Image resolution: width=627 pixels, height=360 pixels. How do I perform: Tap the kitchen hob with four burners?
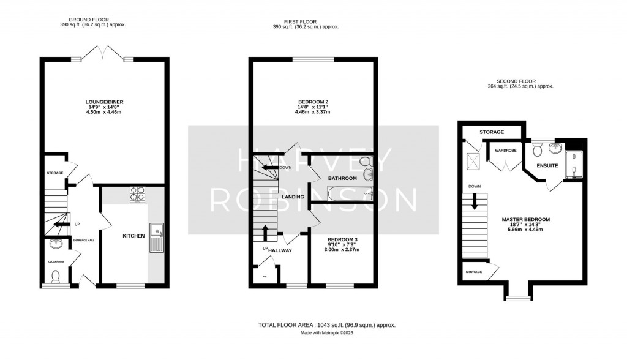137,194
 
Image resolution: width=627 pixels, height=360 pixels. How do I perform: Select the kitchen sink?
157,237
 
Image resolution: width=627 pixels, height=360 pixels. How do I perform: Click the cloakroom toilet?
56,277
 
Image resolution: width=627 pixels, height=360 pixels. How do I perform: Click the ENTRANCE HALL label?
84,240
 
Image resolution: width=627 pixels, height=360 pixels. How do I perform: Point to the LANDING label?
293,197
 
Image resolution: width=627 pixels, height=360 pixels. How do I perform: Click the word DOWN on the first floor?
285,167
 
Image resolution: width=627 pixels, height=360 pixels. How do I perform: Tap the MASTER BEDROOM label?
525,219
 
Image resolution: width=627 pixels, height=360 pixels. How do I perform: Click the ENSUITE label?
547,165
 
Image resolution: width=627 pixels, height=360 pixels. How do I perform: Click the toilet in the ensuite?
538,149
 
